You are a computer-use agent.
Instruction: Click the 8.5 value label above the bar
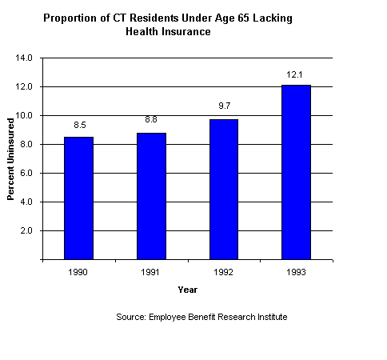[78, 125]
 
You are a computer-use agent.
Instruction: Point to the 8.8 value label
[151, 120]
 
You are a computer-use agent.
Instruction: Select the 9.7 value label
[223, 106]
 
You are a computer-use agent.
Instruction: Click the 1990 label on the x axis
[78, 273]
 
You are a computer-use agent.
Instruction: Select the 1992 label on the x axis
[223, 273]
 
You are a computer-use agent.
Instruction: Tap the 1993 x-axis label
[296, 273]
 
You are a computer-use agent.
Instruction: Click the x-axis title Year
[187, 290]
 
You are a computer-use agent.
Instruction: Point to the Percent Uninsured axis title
[11, 158]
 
